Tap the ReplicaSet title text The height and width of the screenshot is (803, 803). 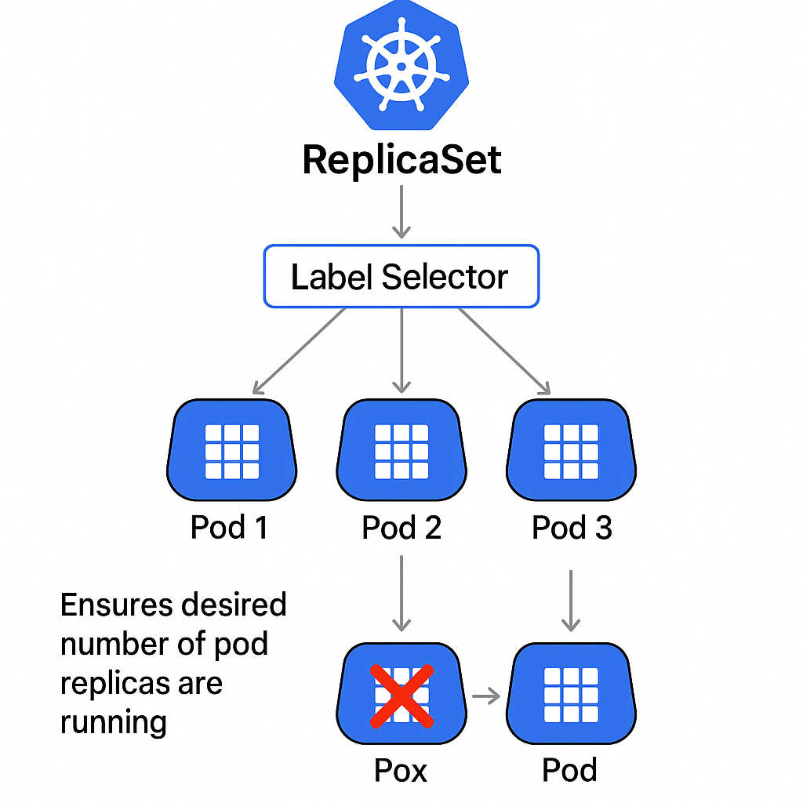pos(401,160)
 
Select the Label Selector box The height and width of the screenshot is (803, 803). pos(401,276)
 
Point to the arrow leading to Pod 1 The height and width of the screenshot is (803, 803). pos(298,351)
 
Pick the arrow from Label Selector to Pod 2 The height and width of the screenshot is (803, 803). pos(401,350)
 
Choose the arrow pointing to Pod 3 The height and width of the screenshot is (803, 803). pos(504,351)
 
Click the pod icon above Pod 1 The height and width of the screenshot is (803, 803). pos(231,450)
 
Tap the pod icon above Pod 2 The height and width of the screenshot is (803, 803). pos(401,450)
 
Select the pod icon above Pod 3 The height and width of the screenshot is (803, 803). pos(571,450)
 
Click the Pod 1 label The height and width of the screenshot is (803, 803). pos(230,528)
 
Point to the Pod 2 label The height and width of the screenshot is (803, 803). pos(401,528)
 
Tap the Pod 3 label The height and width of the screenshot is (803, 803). pos(572,528)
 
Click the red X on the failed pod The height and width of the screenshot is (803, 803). pos(401,695)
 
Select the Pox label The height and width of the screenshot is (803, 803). pos(401,771)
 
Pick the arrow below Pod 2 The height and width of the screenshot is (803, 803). pos(401,593)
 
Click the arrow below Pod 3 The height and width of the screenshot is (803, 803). pos(571,600)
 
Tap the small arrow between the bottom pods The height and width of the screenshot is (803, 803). pos(486,696)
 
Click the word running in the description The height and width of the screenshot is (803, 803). pos(114,721)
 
